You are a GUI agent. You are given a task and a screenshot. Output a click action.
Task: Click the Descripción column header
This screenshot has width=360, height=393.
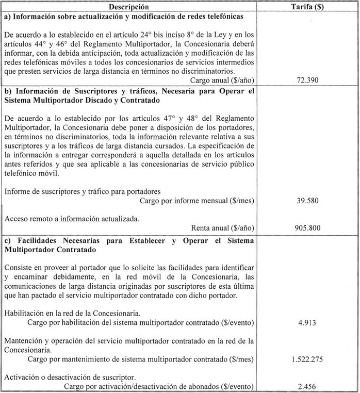tap(128, 7)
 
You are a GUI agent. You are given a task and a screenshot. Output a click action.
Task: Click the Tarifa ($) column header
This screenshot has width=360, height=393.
tap(307, 7)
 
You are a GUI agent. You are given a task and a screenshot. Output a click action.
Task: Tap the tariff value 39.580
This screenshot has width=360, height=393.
tap(307, 201)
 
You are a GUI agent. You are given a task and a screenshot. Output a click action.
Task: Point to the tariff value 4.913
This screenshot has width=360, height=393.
tap(307, 323)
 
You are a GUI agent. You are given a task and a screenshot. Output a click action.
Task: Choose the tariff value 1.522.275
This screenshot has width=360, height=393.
tap(307, 358)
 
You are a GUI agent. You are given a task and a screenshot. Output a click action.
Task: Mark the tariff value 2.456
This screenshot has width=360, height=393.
tap(307, 385)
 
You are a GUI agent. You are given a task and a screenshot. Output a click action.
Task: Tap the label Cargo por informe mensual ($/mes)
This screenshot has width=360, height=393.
tap(198, 201)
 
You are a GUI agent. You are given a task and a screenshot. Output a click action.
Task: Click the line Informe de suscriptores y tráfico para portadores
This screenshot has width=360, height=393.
tap(83, 191)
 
